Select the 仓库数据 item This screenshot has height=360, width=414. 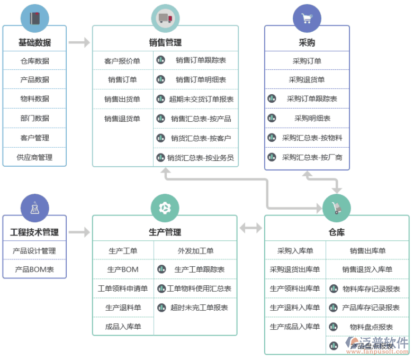[34, 61]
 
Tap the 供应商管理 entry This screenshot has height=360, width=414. [34, 157]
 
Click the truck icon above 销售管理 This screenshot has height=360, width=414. [165, 18]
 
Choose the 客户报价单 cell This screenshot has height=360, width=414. [122, 61]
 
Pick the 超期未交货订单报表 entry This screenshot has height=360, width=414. [201, 99]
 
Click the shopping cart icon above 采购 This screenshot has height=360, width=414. [307, 18]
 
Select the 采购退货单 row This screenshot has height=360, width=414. [307, 80]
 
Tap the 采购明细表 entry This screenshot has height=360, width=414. [312, 118]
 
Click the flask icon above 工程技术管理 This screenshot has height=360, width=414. [34, 208]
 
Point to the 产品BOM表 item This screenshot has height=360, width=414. [34, 269]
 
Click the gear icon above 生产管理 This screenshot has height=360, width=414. [165, 208]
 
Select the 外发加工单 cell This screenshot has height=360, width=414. [195, 251]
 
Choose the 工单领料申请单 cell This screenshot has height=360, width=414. [122, 289]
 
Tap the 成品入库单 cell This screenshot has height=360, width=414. [122, 327]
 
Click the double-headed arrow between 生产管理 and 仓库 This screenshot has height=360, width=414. [250, 228]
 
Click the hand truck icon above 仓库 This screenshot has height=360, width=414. [337, 208]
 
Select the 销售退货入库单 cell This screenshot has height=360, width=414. [367, 269]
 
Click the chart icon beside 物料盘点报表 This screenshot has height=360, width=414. [334, 327]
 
